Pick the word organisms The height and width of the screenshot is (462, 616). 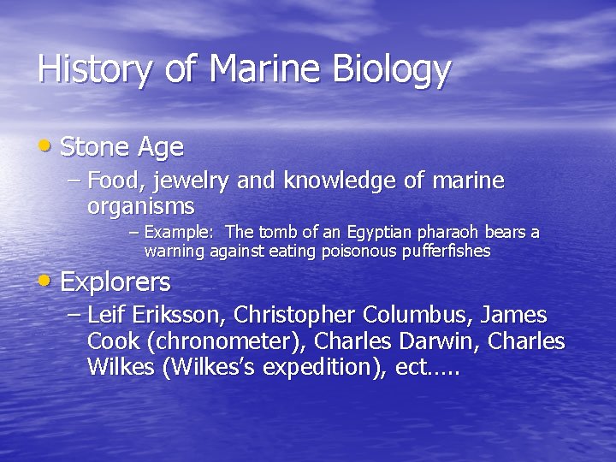coord(141,206)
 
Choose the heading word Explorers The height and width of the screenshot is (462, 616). coord(115,281)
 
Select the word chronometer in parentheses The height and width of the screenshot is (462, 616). coord(226,341)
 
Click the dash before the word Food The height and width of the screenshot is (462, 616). coord(74,182)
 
